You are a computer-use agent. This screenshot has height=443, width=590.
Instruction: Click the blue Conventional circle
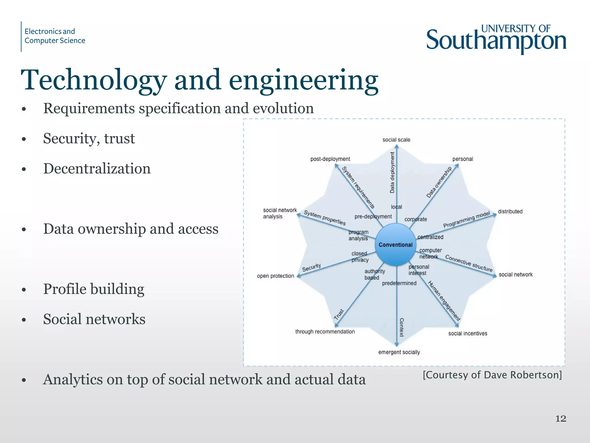coord(396,245)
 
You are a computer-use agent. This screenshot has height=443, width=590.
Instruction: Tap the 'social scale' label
coord(396,140)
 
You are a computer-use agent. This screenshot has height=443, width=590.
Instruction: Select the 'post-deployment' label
coord(330,159)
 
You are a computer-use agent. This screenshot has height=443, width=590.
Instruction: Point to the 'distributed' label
coord(510,211)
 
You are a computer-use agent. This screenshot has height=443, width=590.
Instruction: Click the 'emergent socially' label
coord(399,352)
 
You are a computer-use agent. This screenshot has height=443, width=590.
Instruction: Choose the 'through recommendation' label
coord(325,332)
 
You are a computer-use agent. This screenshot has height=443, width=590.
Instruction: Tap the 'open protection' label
coord(275,276)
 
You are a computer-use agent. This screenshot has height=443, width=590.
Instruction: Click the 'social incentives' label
coord(468,333)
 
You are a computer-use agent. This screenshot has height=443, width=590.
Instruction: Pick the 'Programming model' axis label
coord(466,219)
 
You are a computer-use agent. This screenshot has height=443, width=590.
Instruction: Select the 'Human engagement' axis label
coord(444,301)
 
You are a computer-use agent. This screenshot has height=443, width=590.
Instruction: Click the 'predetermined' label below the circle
coord(399,283)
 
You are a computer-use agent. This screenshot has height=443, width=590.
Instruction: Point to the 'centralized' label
coord(430,237)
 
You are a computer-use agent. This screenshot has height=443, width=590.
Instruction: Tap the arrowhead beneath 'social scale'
coord(397,147)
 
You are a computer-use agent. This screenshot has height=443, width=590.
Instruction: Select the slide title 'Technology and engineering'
coord(199,80)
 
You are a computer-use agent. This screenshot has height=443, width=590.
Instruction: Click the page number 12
coord(561,418)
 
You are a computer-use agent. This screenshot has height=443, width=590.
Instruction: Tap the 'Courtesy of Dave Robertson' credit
coord(492,375)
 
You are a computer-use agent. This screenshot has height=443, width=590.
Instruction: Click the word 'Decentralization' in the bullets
coord(97,168)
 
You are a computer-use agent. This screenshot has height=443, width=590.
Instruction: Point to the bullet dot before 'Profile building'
coord(24,290)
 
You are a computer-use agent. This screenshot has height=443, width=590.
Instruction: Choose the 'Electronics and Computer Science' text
coord(55,36)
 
